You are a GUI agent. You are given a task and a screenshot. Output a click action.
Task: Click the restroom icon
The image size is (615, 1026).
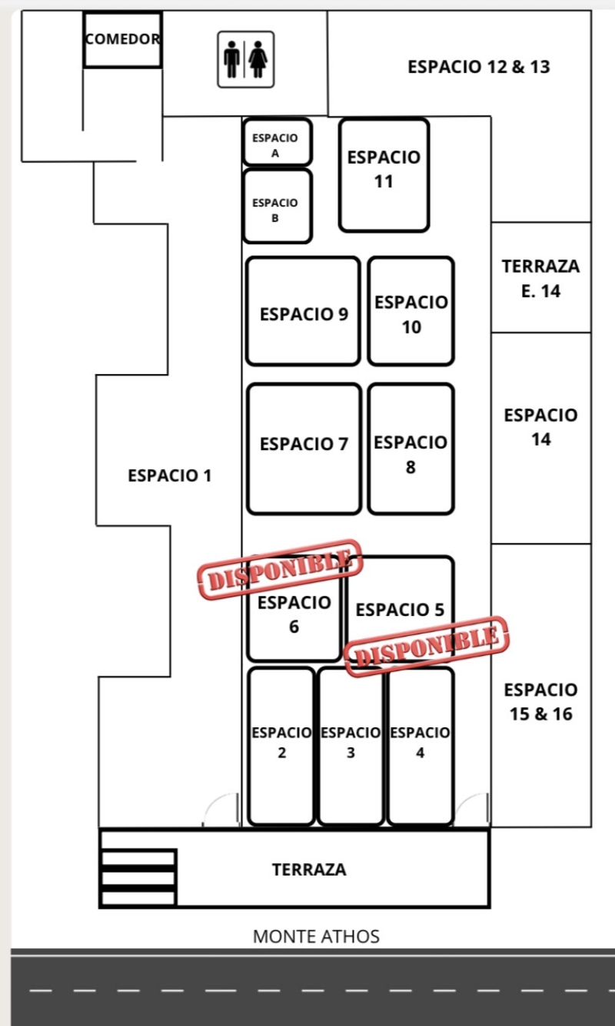tap(245, 59)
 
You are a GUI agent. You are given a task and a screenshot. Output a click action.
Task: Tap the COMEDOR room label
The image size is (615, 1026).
tap(123, 39)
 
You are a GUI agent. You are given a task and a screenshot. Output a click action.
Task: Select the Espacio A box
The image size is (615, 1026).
tap(277, 143)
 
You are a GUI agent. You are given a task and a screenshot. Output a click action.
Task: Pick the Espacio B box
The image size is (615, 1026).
tap(277, 207)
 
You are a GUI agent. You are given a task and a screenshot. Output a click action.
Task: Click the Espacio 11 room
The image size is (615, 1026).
tap(384, 174)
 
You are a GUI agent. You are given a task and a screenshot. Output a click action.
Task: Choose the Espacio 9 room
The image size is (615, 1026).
tap(303, 312)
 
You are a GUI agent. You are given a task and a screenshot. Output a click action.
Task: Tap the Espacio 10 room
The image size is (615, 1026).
tap(411, 312)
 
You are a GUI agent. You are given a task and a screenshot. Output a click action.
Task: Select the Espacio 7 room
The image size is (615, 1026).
tap(304, 448)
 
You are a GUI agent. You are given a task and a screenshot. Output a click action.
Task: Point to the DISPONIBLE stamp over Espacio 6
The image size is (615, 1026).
tap(280, 568)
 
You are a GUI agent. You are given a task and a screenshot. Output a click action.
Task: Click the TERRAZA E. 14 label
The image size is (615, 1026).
tap(540, 278)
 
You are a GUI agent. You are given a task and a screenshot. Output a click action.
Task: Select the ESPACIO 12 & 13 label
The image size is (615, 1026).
tap(479, 67)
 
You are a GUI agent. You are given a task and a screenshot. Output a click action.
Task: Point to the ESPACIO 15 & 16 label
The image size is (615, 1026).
tap(540, 701)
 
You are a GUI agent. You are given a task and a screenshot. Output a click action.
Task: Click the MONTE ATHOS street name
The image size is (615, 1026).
tap(316, 936)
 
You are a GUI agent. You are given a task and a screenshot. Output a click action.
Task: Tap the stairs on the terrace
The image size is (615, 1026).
tap(138, 878)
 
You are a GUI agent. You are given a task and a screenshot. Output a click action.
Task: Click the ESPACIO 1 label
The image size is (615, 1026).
tap(169, 475)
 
